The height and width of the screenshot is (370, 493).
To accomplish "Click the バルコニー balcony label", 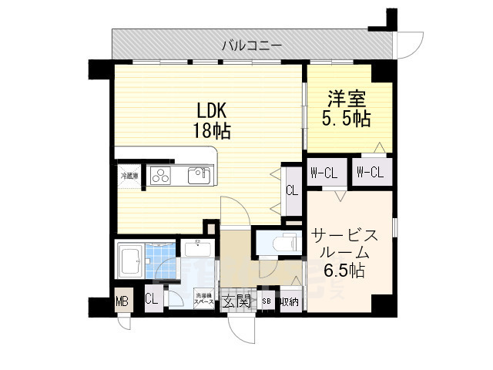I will (252, 45).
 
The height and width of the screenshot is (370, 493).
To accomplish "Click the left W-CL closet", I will (324, 172).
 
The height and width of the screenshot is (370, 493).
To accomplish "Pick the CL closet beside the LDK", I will (292, 190).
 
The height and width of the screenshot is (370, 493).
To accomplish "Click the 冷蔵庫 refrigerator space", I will (128, 176).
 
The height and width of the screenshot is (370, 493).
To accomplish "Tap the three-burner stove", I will (162, 176).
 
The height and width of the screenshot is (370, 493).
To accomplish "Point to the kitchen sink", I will (199, 175).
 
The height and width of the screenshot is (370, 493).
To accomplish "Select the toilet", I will (286, 243).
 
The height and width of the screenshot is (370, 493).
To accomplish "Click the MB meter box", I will (122, 301).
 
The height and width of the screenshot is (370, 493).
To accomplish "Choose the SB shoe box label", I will (267, 301).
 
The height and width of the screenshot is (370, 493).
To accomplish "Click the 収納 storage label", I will (289, 301).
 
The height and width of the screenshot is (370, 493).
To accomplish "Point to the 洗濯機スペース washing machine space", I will (203, 299).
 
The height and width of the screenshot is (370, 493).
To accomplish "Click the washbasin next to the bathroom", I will (198, 251).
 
